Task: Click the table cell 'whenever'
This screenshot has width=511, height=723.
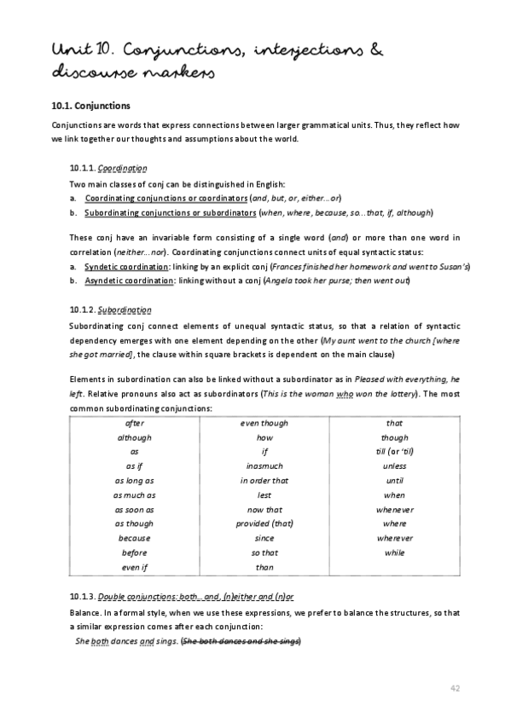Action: coord(394,509)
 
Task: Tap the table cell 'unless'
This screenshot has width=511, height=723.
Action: coord(394,466)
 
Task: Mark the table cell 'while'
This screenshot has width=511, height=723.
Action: coord(394,552)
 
